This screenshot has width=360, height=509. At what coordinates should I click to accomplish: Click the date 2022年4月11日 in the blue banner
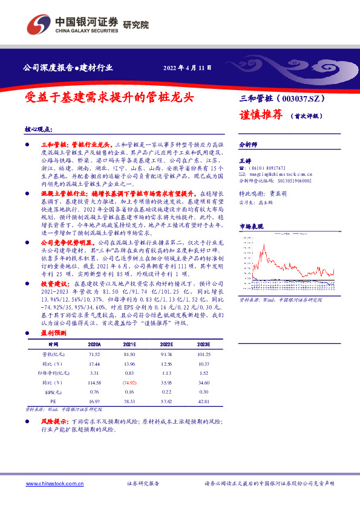(x=188, y=68)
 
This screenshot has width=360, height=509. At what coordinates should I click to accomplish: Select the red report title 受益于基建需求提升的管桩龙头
(x=111, y=97)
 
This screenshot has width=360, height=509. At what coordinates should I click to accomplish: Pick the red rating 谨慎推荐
(x=261, y=115)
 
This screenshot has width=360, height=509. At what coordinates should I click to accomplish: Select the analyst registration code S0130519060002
(x=292, y=180)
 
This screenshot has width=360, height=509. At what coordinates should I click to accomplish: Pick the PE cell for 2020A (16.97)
(x=94, y=402)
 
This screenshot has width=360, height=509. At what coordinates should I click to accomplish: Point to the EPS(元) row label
(x=53, y=393)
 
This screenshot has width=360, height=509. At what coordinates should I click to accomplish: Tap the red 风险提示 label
(x=54, y=420)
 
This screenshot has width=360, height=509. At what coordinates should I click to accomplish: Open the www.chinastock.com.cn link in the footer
(x=55, y=484)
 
